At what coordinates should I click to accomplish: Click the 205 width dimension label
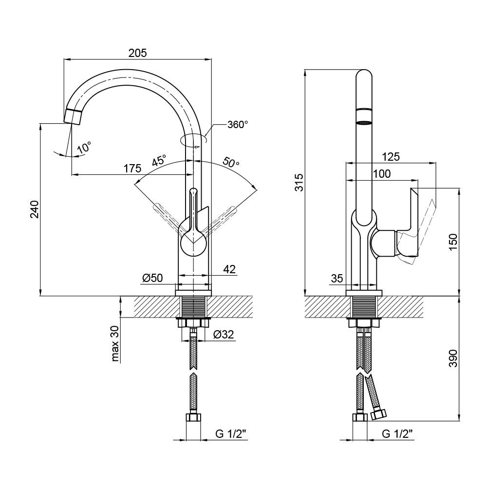[x=137, y=53]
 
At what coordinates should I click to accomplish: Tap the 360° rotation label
[x=238, y=125]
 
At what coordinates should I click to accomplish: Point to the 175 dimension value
[x=132, y=169]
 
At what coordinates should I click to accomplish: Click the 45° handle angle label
[x=158, y=161]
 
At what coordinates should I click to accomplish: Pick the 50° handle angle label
[x=231, y=162]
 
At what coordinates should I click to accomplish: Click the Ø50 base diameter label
[x=152, y=278]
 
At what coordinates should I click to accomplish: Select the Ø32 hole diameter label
[x=224, y=335]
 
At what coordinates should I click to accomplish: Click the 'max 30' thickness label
[x=115, y=344]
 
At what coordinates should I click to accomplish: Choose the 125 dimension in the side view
[x=391, y=157]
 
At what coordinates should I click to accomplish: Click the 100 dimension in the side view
[x=381, y=174]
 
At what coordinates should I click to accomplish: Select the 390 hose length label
[x=453, y=358]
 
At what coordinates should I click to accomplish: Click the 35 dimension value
[x=337, y=279]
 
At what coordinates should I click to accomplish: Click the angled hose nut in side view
[x=378, y=414]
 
